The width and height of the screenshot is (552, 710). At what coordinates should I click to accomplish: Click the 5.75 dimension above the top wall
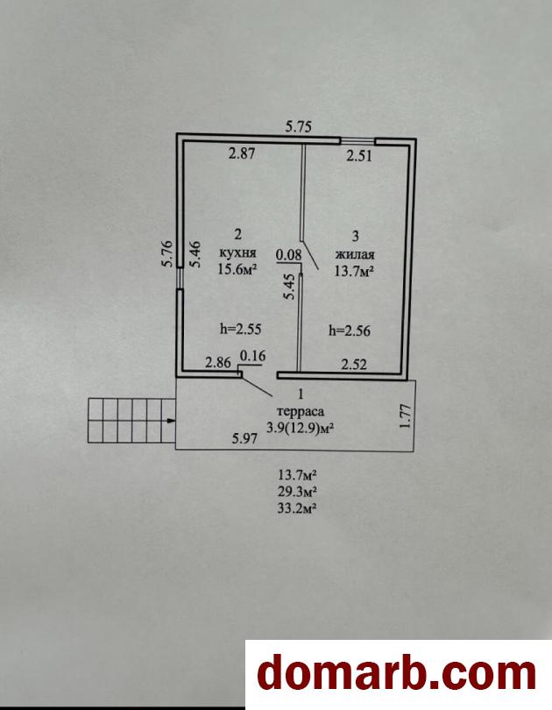pyautogui.click(x=299, y=126)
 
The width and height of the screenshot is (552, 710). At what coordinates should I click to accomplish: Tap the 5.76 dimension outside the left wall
pyautogui.click(x=167, y=253)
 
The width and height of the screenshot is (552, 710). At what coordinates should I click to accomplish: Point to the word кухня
pyautogui.click(x=237, y=252)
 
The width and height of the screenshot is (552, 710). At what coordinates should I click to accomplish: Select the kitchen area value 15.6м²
pyautogui.click(x=237, y=269)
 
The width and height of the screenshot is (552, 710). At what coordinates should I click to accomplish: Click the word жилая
pyautogui.click(x=354, y=254)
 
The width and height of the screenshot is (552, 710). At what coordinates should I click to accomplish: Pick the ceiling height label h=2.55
pyautogui.click(x=241, y=329)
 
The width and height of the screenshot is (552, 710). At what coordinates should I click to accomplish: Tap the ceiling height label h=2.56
pyautogui.click(x=350, y=331)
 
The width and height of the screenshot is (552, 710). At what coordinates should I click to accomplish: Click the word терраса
pyautogui.click(x=301, y=412)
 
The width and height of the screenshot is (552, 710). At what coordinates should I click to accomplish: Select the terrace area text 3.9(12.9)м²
pyautogui.click(x=301, y=428)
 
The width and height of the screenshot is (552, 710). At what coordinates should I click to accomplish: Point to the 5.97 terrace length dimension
pyautogui.click(x=244, y=438)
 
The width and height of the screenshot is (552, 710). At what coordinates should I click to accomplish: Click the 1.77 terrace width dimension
pyautogui.click(x=406, y=415)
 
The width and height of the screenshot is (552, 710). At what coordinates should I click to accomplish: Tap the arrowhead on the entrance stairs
pyautogui.click(x=172, y=421)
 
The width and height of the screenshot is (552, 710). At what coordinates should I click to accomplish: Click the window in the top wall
pyautogui.click(x=357, y=141)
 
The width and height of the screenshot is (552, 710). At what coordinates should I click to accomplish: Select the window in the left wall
pyautogui.click(x=180, y=278)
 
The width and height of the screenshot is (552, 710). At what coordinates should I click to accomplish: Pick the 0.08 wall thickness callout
pyautogui.click(x=288, y=254)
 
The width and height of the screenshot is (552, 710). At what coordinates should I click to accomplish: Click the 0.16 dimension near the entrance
pyautogui.click(x=252, y=357)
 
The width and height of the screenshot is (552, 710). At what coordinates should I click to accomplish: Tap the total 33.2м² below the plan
pyautogui.click(x=297, y=508)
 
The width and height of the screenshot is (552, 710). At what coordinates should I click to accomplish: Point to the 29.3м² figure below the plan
pyautogui.click(x=297, y=491)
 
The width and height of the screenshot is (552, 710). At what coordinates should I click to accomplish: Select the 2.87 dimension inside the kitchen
pyautogui.click(x=242, y=153)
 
